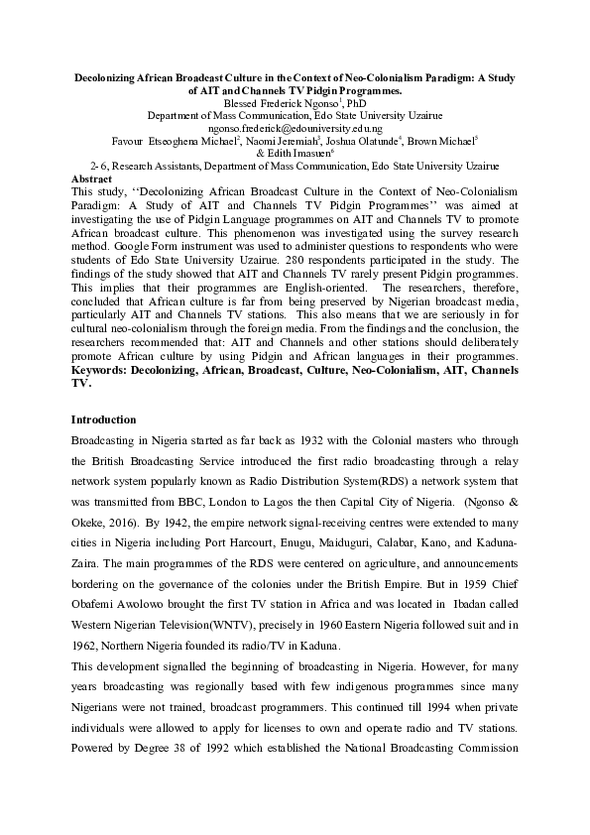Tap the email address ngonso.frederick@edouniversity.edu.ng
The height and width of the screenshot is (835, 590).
pos(295,128)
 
